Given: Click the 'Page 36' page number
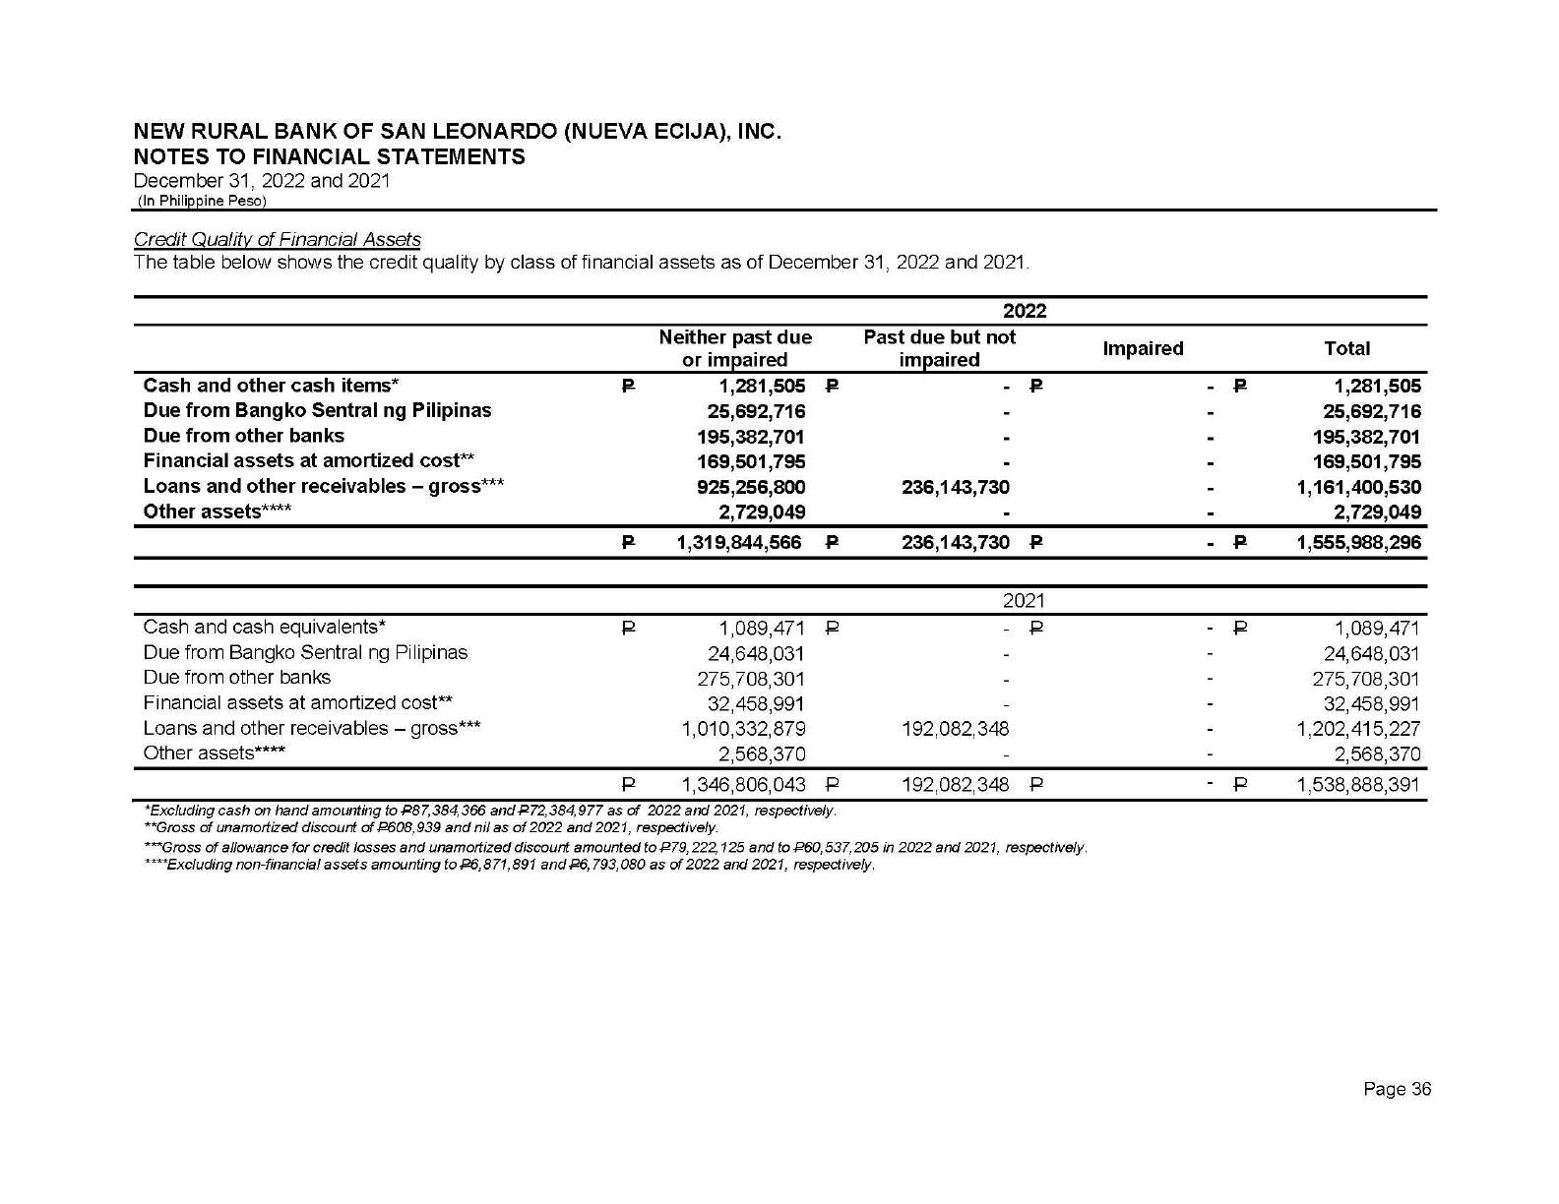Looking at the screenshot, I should [1397, 1089].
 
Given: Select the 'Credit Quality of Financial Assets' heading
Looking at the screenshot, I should [277, 239].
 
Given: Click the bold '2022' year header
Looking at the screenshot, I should [1024, 311].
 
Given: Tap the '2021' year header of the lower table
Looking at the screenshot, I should [1024, 601].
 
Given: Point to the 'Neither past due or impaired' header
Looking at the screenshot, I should [735, 348].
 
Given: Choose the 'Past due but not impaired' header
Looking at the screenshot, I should [939, 348].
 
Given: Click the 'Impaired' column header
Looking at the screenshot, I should [1143, 348].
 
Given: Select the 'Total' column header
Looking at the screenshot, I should [1346, 348].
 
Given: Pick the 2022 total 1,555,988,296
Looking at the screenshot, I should [1358, 542].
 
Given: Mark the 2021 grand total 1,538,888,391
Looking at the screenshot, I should [1358, 785].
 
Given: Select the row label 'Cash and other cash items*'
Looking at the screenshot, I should [271, 386].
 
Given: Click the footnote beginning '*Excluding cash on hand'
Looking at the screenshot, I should [490, 812].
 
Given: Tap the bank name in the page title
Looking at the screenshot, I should [458, 132].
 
